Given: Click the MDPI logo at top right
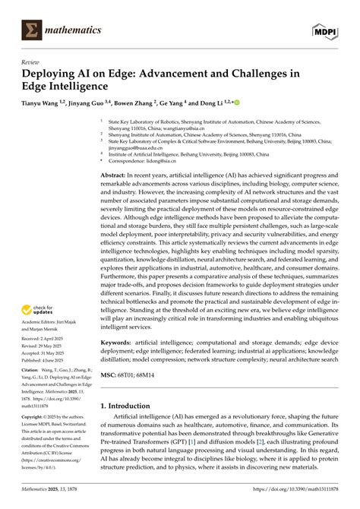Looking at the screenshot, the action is click(x=324, y=29).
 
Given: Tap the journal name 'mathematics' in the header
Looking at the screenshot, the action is click(x=74, y=30).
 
